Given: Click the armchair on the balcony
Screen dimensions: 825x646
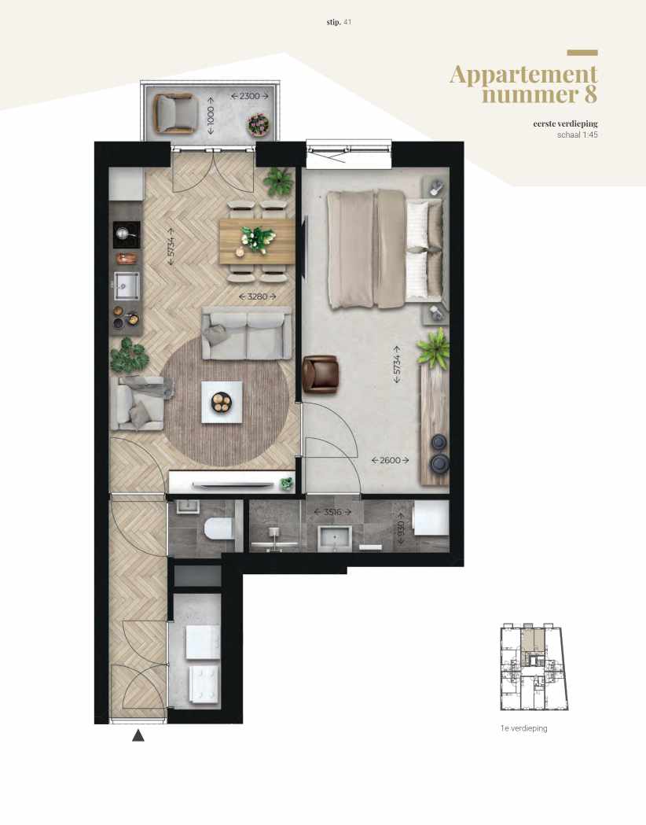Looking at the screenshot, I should pos(174,112).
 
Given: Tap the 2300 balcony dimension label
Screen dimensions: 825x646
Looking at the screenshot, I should pos(249,96).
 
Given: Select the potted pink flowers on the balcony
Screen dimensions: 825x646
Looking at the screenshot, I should pos(257,123).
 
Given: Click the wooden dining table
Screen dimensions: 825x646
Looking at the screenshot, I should pos(256,241).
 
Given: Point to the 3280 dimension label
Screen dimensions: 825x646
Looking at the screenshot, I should pos(255,297).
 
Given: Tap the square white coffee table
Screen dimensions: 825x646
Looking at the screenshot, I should pos(222,402).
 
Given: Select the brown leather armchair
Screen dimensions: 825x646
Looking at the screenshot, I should pos(321,372).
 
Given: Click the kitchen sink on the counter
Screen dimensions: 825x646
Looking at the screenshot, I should pos(125,286).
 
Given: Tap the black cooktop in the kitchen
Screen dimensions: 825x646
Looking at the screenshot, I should pos(127,232).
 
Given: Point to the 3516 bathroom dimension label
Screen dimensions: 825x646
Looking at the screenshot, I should pos(328,513).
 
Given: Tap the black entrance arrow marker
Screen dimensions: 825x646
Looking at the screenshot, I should pos(138,736).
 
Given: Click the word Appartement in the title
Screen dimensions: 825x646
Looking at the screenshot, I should pos(523,75).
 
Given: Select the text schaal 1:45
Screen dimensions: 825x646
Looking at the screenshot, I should pos(576,134).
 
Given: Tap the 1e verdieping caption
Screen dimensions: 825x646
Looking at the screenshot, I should pos(523,728).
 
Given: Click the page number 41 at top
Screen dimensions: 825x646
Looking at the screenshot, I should pos(347,22).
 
